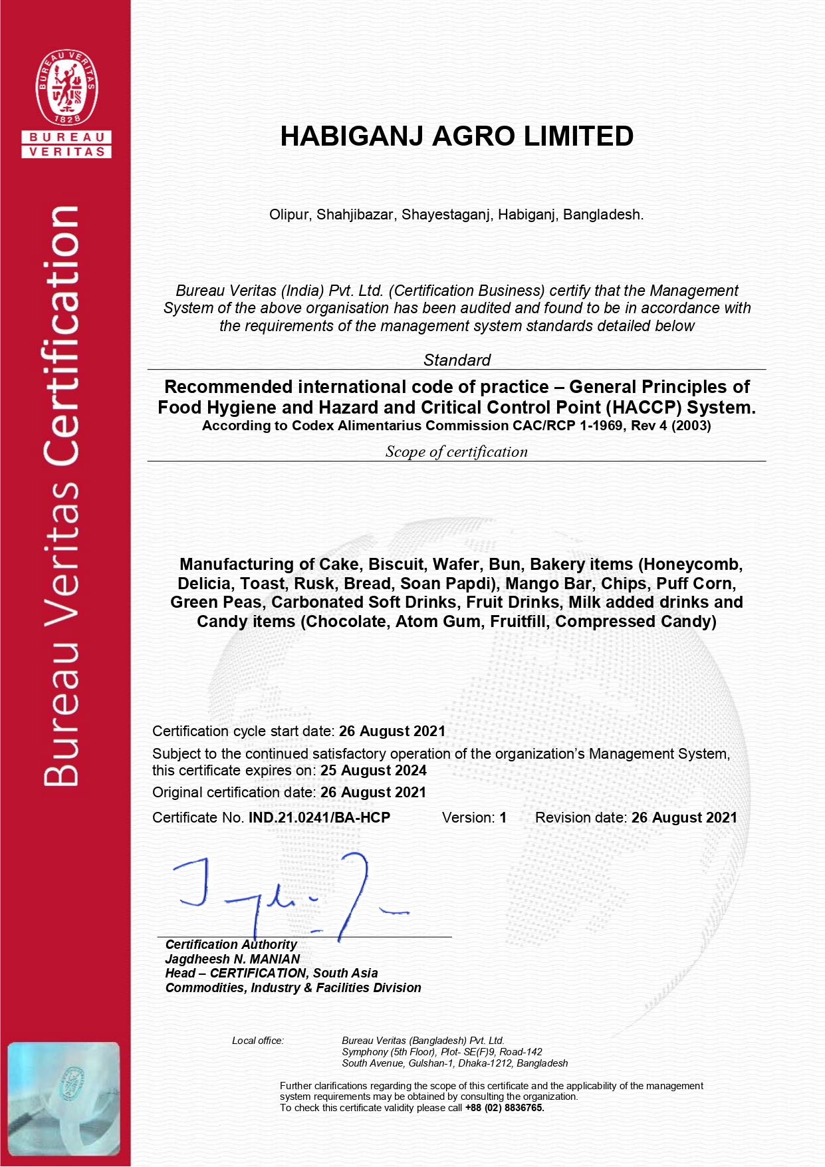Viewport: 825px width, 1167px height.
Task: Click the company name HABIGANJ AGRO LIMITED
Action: [457, 136]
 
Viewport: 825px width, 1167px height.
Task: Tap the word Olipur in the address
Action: [289, 215]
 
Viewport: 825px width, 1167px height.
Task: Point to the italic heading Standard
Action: [457, 360]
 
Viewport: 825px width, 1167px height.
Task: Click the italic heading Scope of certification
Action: [457, 452]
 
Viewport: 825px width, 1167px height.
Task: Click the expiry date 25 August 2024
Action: [374, 771]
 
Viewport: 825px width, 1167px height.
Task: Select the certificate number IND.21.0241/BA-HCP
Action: [319, 818]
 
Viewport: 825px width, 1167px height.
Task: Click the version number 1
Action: [503, 818]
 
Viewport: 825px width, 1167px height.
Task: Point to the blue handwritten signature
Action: [286, 894]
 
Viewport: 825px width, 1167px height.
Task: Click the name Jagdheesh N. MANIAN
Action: [233, 959]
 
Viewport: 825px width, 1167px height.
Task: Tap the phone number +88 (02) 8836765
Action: [505, 1108]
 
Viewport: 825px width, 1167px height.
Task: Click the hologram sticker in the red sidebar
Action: [64, 1099]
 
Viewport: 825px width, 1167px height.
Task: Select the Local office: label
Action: [258, 1041]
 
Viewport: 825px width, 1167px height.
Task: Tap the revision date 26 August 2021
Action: [684, 818]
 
